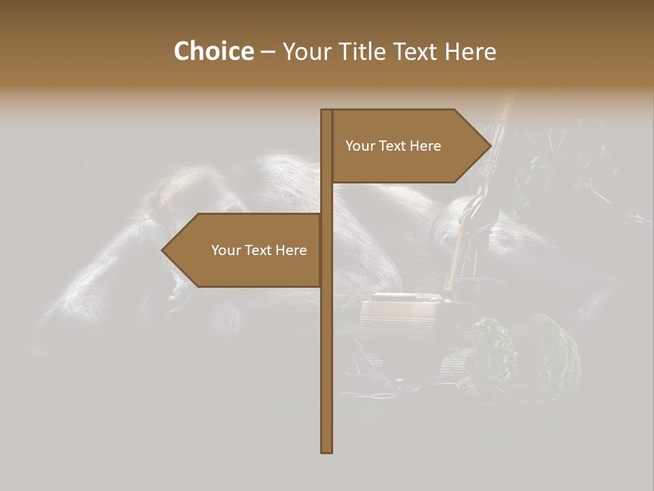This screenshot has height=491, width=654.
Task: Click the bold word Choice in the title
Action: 213,52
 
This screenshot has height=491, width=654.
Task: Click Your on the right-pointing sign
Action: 359,146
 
